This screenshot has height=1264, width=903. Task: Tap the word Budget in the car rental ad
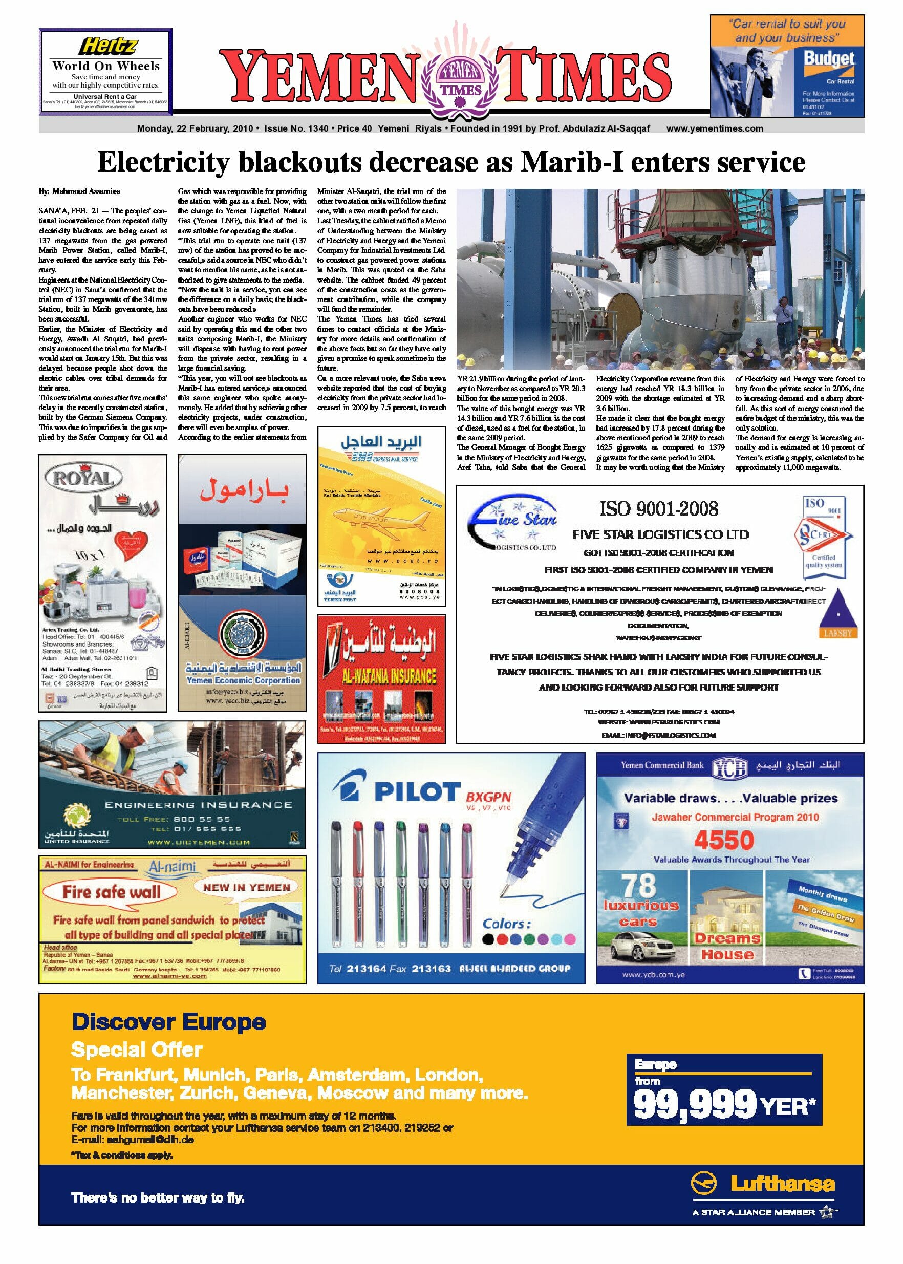pyautogui.click(x=828, y=59)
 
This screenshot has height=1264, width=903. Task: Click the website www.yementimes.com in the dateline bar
pyautogui.click(x=715, y=128)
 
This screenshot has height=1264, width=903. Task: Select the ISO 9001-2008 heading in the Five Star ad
pyautogui.click(x=658, y=508)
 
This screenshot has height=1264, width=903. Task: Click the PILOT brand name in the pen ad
pyautogui.click(x=418, y=792)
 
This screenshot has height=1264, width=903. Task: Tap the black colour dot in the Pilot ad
pyautogui.click(x=488, y=939)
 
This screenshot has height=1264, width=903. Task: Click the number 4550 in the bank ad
pyautogui.click(x=723, y=840)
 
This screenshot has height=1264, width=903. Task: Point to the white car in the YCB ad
pyautogui.click(x=641, y=946)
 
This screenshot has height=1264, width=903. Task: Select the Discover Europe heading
pyautogui.click(x=169, y=1021)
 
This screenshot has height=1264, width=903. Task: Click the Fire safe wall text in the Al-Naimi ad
pyautogui.click(x=111, y=892)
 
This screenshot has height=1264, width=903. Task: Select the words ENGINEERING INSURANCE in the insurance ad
pyautogui.click(x=199, y=805)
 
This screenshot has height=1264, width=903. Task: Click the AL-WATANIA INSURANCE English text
pyautogui.click(x=389, y=676)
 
